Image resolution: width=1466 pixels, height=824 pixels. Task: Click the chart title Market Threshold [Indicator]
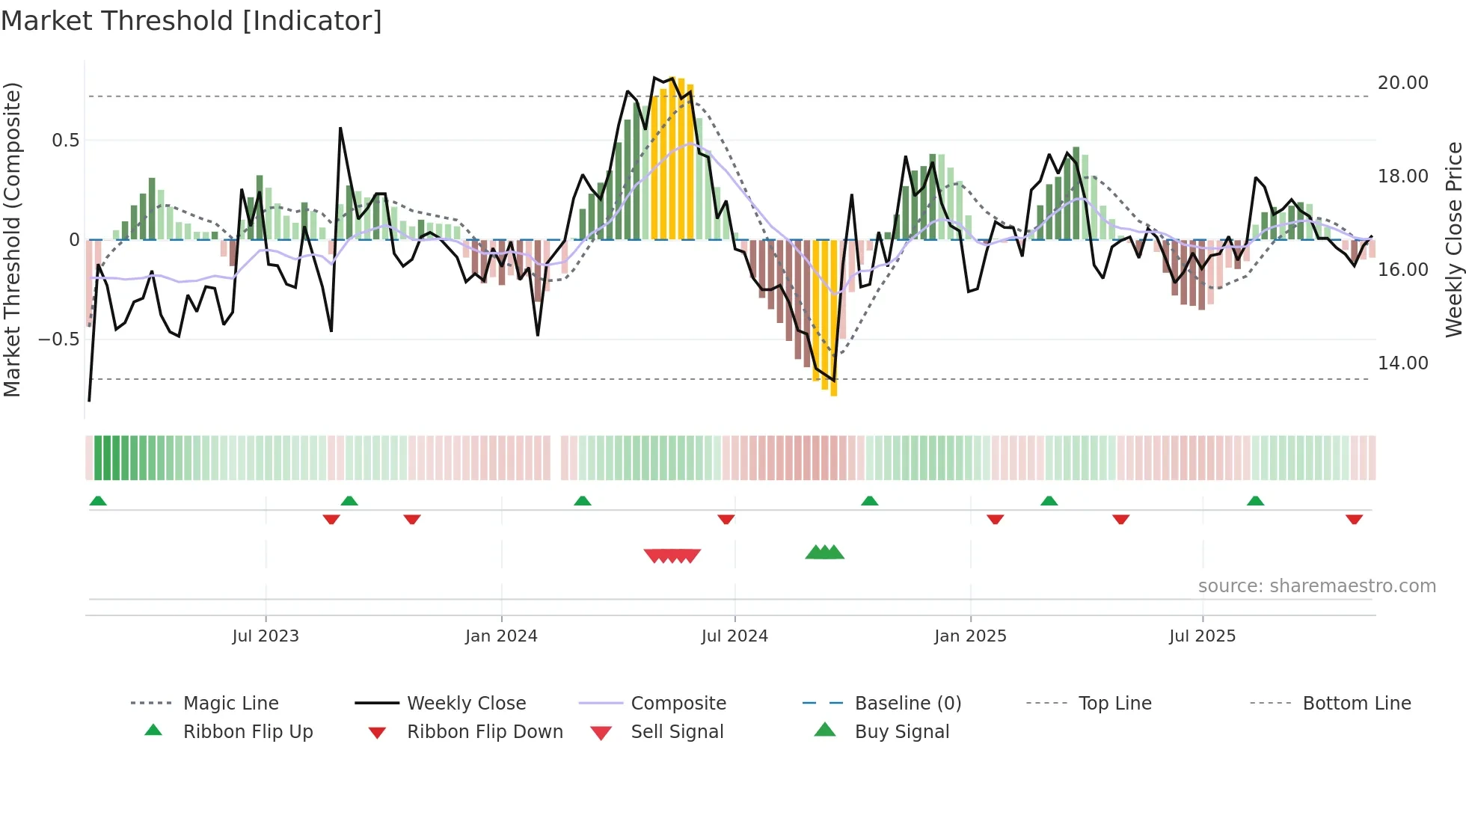(191, 20)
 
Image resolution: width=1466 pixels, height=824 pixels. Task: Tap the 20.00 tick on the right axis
(1402, 83)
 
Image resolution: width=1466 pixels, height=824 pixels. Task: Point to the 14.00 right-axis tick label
(1402, 363)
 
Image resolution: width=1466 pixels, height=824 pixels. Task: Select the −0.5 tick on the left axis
(58, 339)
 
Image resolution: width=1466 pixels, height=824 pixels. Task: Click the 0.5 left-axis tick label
(65, 141)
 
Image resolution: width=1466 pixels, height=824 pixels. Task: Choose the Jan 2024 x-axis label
(501, 636)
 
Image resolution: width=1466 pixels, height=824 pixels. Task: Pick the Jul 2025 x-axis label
(1202, 636)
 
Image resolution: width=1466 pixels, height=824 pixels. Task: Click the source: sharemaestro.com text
(1316, 586)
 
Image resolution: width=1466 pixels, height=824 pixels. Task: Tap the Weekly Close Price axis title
(1453, 239)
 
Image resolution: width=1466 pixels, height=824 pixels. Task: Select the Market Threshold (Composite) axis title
(12, 239)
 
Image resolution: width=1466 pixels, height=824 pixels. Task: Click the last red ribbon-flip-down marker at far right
(1354, 519)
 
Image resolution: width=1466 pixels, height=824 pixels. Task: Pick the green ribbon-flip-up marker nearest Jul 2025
(1255, 501)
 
